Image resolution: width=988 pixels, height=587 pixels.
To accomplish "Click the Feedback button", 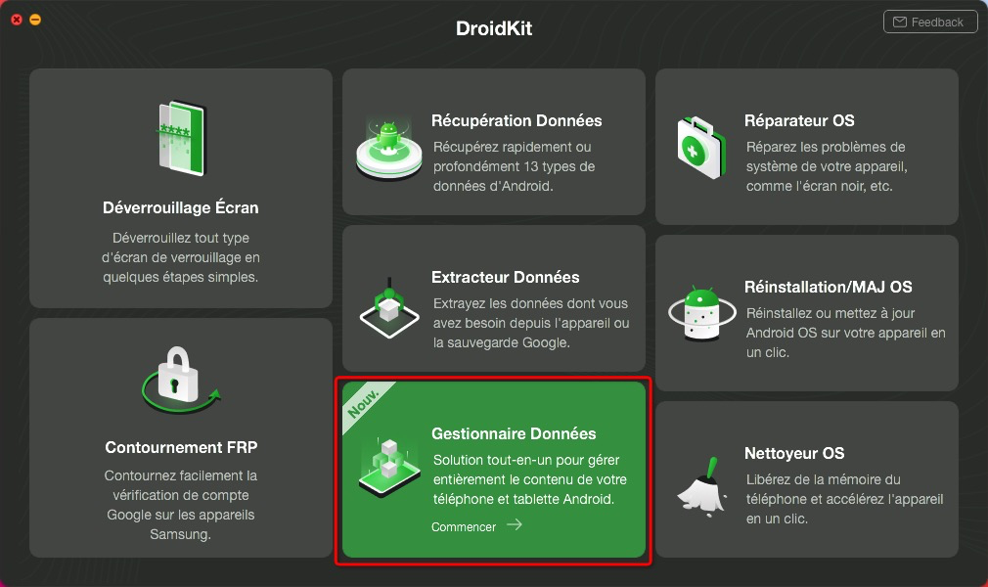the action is pyautogui.click(x=930, y=23).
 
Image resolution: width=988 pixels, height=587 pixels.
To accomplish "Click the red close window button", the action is pyautogui.click(x=17, y=20).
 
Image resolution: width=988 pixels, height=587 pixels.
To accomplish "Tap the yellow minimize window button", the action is pyautogui.click(x=35, y=20).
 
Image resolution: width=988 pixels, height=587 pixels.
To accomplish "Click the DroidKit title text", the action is pyautogui.click(x=494, y=28).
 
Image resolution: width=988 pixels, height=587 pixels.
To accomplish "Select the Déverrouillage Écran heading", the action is pyautogui.click(x=181, y=207).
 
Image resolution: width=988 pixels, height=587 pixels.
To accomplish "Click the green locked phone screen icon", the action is pyautogui.click(x=182, y=138).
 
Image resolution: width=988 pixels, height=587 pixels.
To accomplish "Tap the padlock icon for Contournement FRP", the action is pyautogui.click(x=180, y=380).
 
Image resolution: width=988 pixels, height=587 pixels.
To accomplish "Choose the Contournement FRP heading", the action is pyautogui.click(x=182, y=447).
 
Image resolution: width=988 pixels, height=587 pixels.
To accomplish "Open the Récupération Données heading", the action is pyautogui.click(x=516, y=120).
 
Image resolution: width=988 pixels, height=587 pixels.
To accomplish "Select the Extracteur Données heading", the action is pyautogui.click(x=506, y=277).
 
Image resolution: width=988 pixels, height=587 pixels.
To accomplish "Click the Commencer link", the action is pyautogui.click(x=464, y=527).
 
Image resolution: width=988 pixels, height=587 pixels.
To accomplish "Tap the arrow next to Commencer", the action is pyautogui.click(x=515, y=524).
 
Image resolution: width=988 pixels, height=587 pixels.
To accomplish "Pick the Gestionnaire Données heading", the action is pyautogui.click(x=514, y=433).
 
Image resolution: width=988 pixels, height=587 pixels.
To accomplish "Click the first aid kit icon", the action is pyautogui.click(x=700, y=148).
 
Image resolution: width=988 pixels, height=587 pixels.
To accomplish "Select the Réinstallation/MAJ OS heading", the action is pyautogui.click(x=828, y=287).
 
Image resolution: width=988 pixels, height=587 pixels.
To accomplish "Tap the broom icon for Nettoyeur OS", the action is pyautogui.click(x=702, y=486).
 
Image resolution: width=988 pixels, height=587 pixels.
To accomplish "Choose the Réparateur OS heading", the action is pyautogui.click(x=799, y=120).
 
